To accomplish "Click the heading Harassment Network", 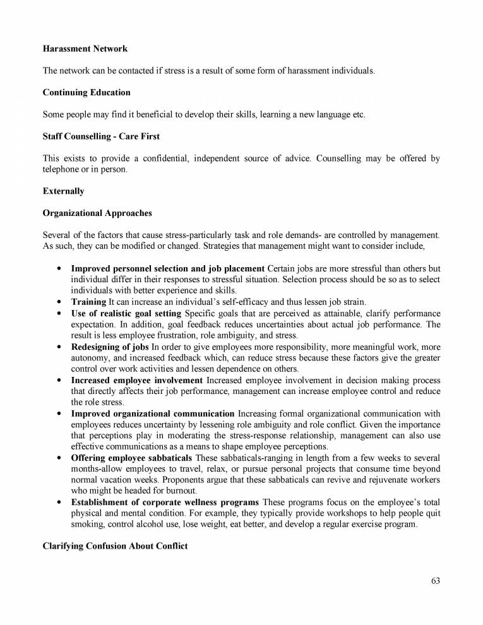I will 85,49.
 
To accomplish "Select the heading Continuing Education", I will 86,92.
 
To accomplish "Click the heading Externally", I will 63,191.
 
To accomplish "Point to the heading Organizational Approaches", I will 97,213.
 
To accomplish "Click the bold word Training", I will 88,302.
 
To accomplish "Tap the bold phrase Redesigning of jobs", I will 110,347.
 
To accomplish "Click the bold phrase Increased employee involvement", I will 136,380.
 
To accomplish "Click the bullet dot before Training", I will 59,302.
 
